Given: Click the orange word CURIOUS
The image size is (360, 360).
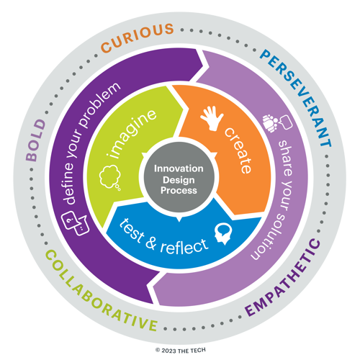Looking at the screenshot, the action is pos(138,37).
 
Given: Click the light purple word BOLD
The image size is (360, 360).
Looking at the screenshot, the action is pos(36,140).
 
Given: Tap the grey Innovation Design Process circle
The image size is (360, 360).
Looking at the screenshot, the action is pos(179,177).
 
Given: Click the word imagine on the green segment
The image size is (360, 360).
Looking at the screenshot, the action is pos(132,134).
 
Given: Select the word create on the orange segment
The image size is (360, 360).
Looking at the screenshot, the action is pos(238,150).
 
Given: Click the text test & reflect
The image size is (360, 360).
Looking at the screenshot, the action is pos(163,237).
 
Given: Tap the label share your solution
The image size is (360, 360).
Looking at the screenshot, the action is pos(276,200).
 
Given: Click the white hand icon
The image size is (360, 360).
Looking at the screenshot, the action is pos(212,118).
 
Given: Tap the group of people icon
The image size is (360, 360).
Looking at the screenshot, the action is pos(271,123).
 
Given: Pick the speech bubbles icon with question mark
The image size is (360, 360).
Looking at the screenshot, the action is pos(75,223).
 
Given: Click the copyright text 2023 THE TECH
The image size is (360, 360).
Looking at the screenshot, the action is pos(181,351).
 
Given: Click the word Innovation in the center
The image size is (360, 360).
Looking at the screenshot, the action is pos(179,168).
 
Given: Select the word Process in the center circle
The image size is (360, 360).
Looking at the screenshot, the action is pos(179,191).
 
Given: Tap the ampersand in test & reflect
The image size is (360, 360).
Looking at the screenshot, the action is pos(150,243).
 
